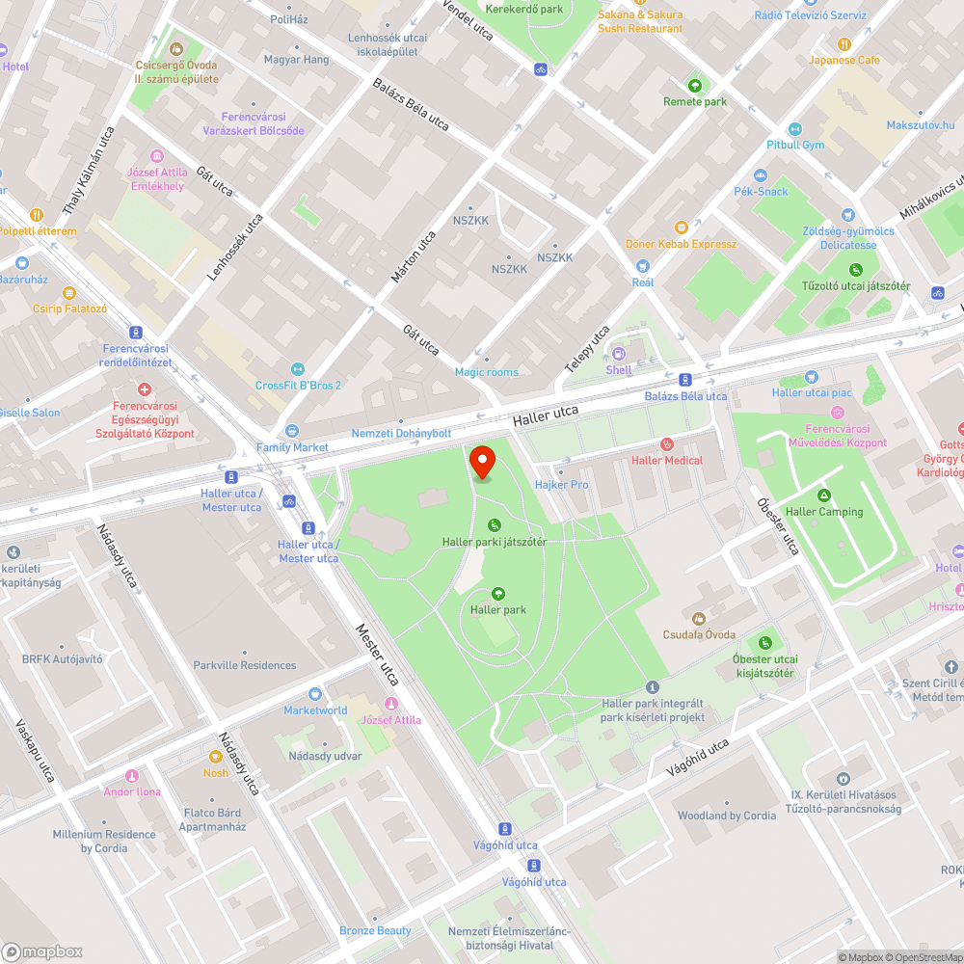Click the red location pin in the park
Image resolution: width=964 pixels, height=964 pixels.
coord(483,462)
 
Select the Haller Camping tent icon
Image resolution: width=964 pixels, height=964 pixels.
coord(824,495)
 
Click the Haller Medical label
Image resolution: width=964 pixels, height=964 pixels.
coord(667,460)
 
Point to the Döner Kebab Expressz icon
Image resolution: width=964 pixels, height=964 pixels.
coord(682,228)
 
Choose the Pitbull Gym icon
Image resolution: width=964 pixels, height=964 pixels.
coord(795,129)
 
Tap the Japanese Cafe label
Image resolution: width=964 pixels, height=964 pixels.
coord(844,60)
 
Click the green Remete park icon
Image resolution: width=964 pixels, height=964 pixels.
coord(695,86)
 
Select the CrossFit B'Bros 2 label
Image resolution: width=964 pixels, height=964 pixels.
coord(298,386)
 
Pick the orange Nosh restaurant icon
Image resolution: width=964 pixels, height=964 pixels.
coord(216,757)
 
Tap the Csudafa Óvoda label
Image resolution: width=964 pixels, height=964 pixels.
coord(699,634)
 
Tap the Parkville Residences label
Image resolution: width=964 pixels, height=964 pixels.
coord(245,665)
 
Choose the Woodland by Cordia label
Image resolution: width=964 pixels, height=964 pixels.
coord(727,816)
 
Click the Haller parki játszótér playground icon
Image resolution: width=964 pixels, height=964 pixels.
coord(494,525)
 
